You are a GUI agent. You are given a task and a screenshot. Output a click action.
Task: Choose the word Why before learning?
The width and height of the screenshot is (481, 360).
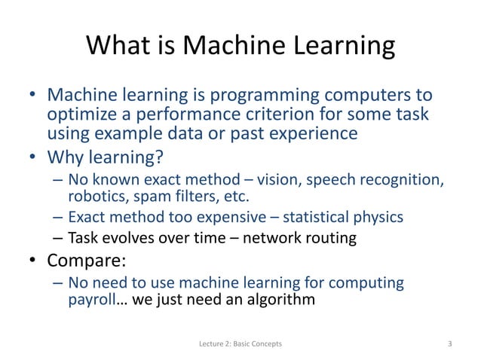[66, 160]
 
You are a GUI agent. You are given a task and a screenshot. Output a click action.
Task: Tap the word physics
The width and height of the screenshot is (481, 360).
[377, 218]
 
